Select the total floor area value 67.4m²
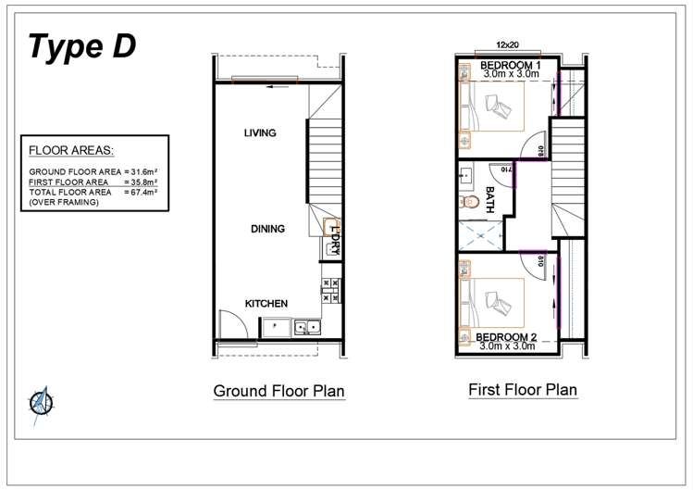[141, 192]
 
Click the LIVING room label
[260, 133]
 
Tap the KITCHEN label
[266, 304]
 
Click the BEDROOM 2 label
[506, 336]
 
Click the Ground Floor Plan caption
[278, 391]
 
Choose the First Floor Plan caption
[522, 389]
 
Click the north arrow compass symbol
[39, 402]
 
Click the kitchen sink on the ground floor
[307, 327]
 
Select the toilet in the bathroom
[468, 199]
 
